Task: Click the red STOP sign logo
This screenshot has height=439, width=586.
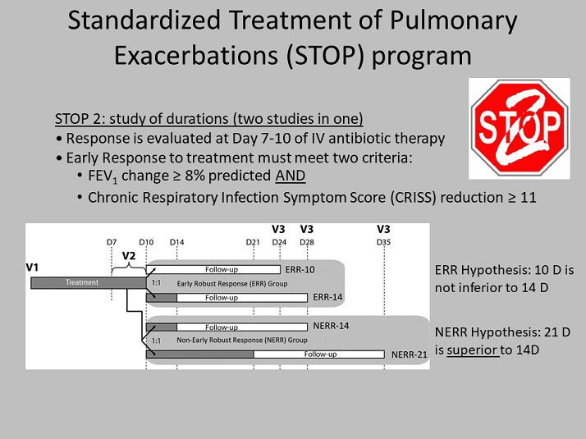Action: (519, 128)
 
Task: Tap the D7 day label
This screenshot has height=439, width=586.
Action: (112, 242)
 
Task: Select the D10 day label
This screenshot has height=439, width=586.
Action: (146, 242)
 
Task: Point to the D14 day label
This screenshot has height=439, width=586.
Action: (176, 242)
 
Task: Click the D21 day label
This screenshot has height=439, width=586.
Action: (253, 242)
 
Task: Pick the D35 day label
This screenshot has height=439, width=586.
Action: (383, 242)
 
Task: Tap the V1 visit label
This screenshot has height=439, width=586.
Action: (32, 268)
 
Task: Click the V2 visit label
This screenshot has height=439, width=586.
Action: (129, 255)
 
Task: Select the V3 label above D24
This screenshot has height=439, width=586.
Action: (278, 229)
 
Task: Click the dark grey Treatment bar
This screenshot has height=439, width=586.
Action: (88, 283)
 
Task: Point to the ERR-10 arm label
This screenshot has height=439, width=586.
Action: (300, 269)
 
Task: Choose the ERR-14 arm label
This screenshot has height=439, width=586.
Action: (327, 297)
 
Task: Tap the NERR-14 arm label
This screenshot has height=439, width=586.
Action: (331, 326)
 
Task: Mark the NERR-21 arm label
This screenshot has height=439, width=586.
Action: (410, 354)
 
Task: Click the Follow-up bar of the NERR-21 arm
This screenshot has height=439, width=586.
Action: (319, 354)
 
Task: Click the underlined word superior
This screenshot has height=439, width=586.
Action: (473, 350)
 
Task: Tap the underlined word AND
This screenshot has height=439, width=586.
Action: (291, 176)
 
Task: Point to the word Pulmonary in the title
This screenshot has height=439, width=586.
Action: (453, 21)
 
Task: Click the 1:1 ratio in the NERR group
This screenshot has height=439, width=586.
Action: (156, 341)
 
